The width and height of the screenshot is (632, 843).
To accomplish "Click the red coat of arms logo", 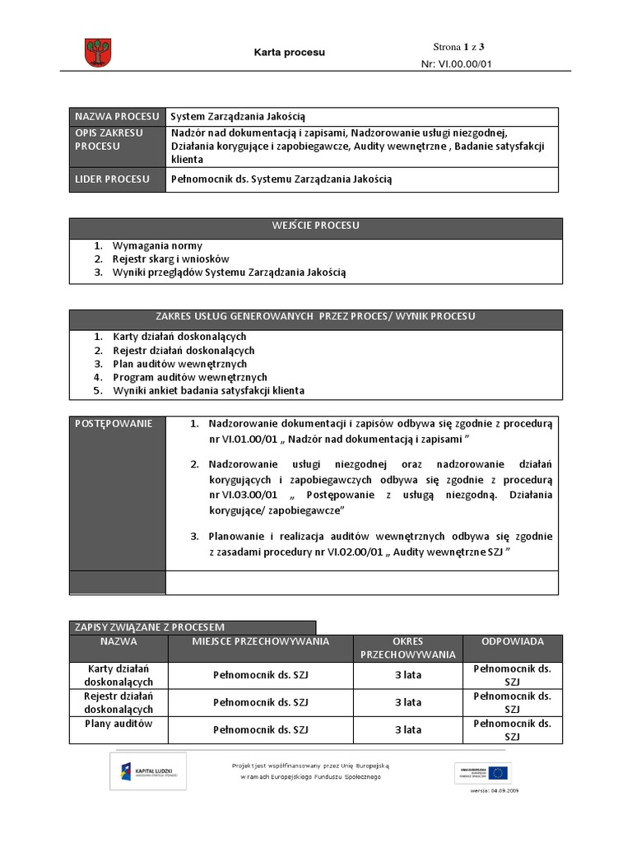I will pyautogui.click(x=97, y=53).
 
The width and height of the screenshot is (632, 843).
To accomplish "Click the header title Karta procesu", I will pyautogui.click(x=288, y=53).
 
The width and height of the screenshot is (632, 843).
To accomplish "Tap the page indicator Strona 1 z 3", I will pyautogui.click(x=464, y=46).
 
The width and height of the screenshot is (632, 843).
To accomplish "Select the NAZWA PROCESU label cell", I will pyautogui.click(x=116, y=117).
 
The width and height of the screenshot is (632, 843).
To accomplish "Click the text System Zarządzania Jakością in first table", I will pyautogui.click(x=238, y=117).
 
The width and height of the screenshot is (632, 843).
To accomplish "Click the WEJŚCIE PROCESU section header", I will pyautogui.click(x=315, y=226).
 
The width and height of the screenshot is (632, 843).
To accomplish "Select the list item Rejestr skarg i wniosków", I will pyautogui.click(x=171, y=258).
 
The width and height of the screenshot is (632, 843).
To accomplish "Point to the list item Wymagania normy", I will pyautogui.click(x=157, y=245).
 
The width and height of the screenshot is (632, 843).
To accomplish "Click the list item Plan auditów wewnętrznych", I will pyautogui.click(x=179, y=363).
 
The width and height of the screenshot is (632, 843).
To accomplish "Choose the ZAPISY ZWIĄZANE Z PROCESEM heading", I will pyautogui.click(x=150, y=627).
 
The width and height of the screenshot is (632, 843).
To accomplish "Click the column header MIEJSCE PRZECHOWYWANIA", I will pyautogui.click(x=261, y=641).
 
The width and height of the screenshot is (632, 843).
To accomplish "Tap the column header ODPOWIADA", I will pyautogui.click(x=512, y=641).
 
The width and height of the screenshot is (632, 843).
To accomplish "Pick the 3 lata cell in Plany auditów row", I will pyautogui.click(x=407, y=729).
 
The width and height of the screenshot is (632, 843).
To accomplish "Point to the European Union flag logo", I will pyautogui.click(x=498, y=772).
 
